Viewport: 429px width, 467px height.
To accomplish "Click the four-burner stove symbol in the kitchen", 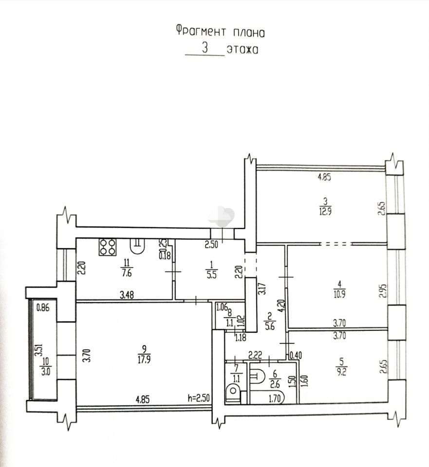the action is click(x=108, y=247).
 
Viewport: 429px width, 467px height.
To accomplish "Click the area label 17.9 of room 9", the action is click(x=144, y=359).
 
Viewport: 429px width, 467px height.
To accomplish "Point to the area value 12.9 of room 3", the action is click(x=325, y=212).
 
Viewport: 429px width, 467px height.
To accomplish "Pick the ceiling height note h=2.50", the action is click(x=199, y=398).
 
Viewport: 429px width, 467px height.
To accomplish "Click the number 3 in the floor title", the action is click(x=205, y=48).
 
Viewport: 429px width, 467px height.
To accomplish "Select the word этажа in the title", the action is click(x=242, y=50).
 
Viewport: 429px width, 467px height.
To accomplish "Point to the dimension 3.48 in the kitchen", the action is click(x=127, y=295).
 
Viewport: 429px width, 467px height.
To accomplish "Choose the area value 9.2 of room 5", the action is click(x=341, y=372).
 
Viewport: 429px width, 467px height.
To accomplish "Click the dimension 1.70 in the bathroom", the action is click(x=274, y=398).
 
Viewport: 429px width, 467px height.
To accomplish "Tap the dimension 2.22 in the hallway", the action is click(x=255, y=355).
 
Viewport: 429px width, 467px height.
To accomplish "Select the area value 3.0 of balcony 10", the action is click(x=46, y=372).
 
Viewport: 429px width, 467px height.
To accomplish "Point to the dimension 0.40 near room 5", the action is click(x=296, y=355).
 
